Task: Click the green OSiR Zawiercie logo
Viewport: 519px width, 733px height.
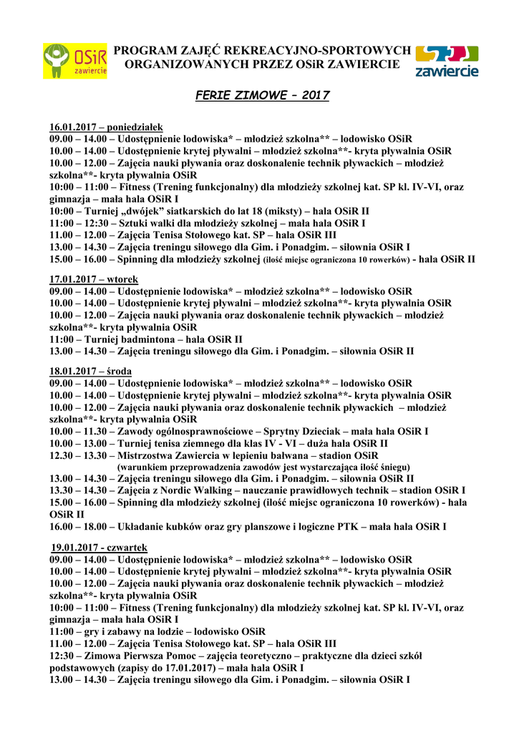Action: click(x=74, y=61)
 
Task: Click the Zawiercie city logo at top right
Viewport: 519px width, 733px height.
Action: click(x=446, y=62)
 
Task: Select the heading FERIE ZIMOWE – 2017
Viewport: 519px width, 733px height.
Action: click(x=263, y=95)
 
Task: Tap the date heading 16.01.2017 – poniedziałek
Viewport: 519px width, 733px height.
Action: click(x=107, y=127)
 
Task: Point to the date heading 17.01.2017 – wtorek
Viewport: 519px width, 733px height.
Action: click(x=94, y=278)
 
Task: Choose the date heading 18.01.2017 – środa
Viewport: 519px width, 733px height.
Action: click(x=90, y=371)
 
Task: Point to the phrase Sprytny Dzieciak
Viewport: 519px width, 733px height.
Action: click(x=304, y=432)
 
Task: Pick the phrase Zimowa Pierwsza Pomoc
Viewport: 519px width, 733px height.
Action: click(x=144, y=655)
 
